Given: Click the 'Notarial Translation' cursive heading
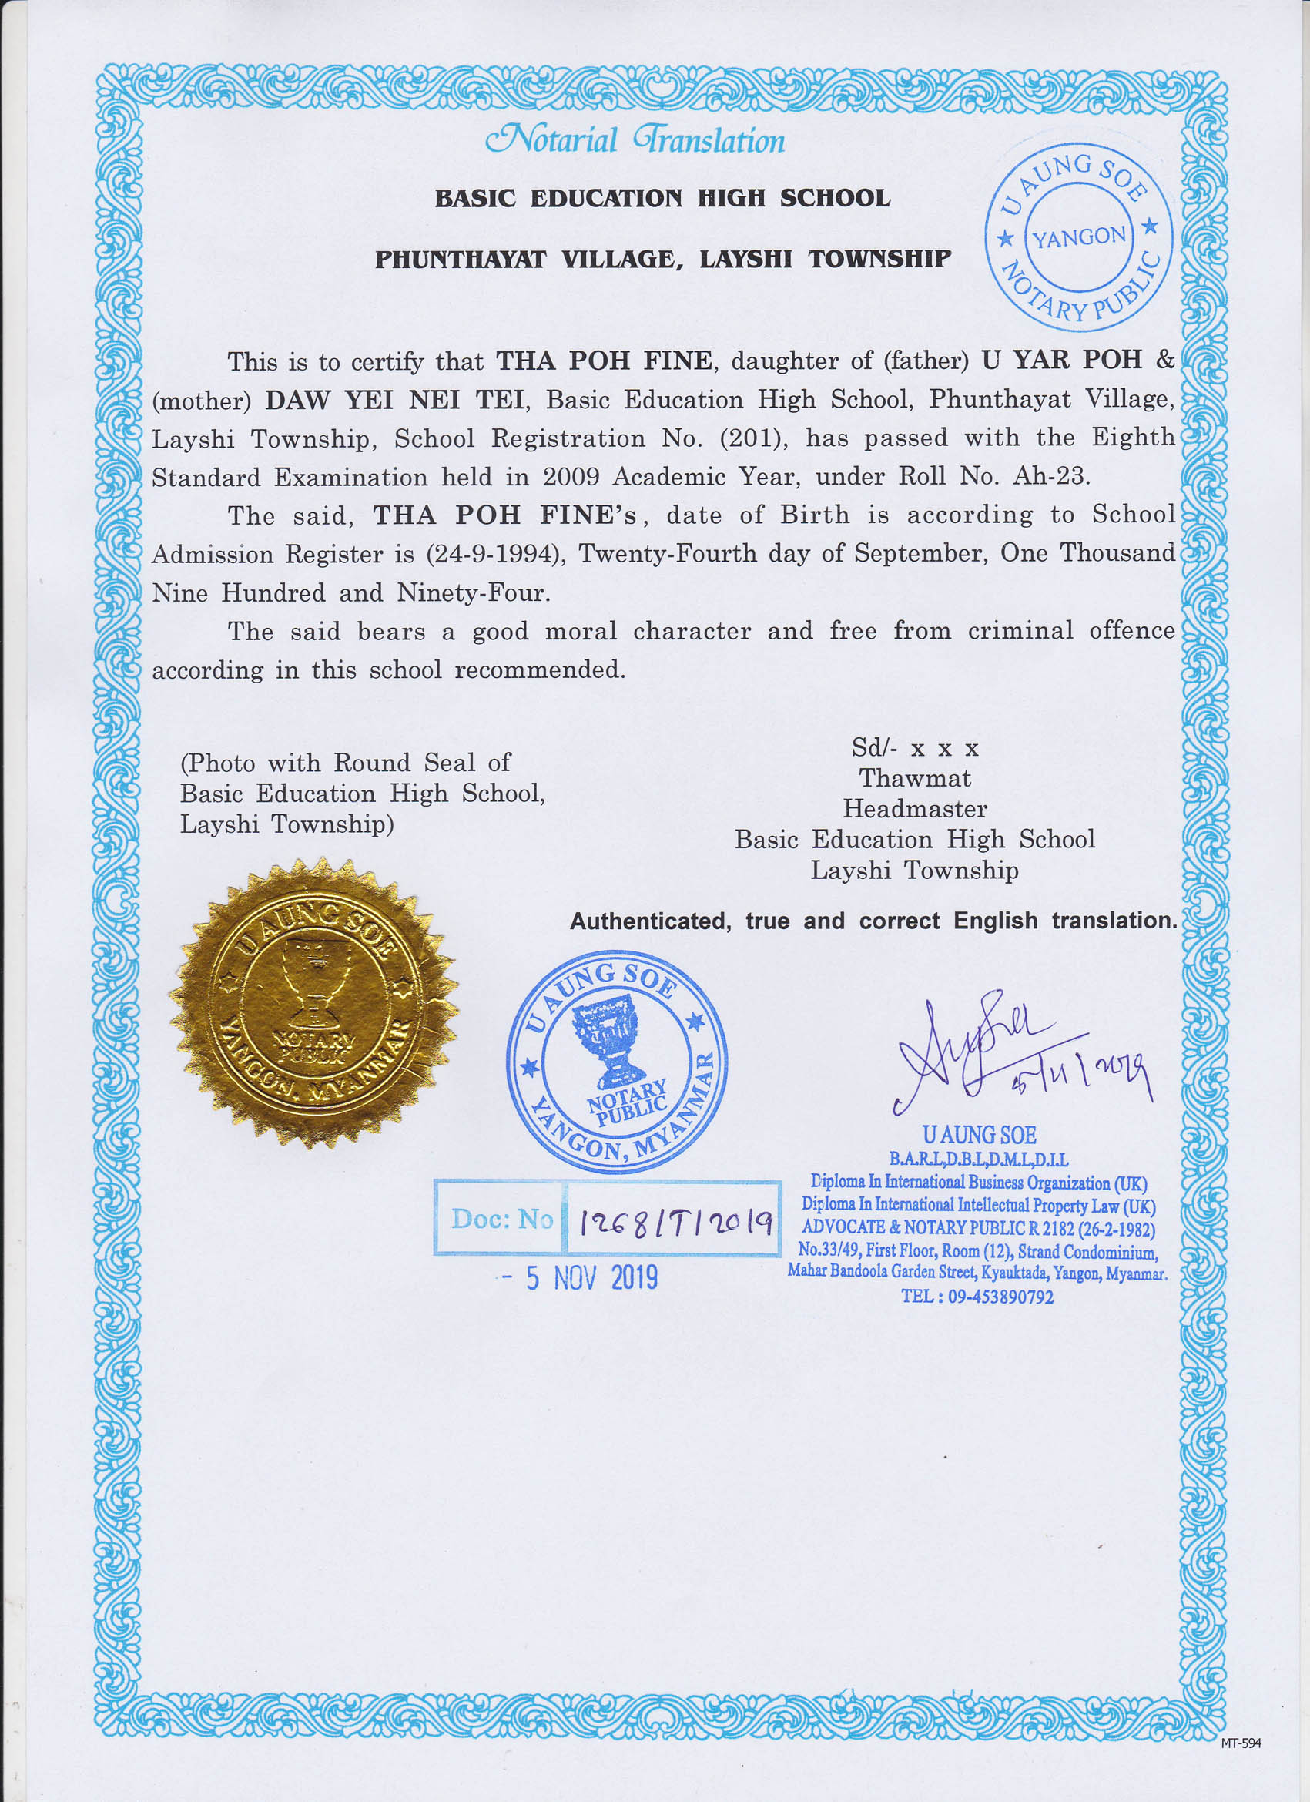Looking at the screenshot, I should (x=635, y=141).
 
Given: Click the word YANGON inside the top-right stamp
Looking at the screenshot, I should (x=1078, y=237).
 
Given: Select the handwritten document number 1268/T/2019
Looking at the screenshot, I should (x=676, y=1221).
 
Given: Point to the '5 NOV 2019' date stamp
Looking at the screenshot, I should (x=591, y=1278).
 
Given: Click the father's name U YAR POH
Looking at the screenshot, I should (x=1062, y=360).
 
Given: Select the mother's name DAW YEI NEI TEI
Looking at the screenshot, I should (x=394, y=399).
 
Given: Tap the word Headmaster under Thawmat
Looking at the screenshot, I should (x=914, y=809).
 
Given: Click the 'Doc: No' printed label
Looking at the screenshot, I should (x=501, y=1219).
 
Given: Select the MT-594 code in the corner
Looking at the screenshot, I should (x=1240, y=1743).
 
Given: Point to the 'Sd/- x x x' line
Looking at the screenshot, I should (x=914, y=747).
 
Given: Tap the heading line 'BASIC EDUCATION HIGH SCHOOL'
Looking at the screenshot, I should (x=662, y=198).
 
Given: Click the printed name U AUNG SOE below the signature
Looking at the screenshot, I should (x=979, y=1135).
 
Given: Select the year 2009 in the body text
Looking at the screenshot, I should (x=571, y=477).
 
